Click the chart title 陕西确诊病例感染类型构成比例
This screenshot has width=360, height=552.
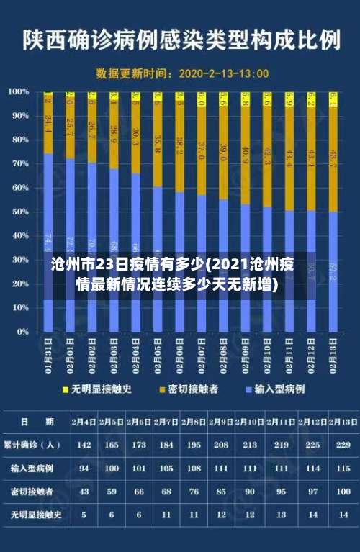click(181, 38)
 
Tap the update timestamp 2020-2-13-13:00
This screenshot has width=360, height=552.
click(223, 73)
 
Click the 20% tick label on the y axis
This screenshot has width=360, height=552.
click(18, 284)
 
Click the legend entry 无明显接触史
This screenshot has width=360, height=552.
click(100, 389)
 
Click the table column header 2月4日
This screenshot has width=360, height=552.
click(84, 421)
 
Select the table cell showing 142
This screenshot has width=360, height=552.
click(84, 445)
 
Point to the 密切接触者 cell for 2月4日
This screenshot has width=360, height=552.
click(84, 492)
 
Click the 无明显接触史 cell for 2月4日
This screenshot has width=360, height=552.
click(84, 515)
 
